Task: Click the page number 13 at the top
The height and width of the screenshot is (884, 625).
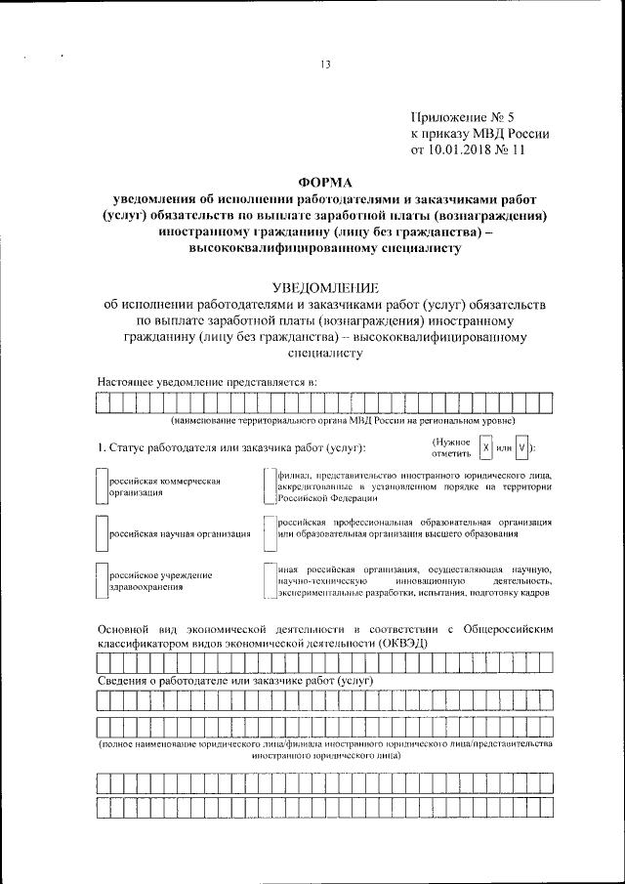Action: click(x=326, y=65)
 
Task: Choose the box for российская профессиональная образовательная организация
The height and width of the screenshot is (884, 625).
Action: click(x=268, y=528)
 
